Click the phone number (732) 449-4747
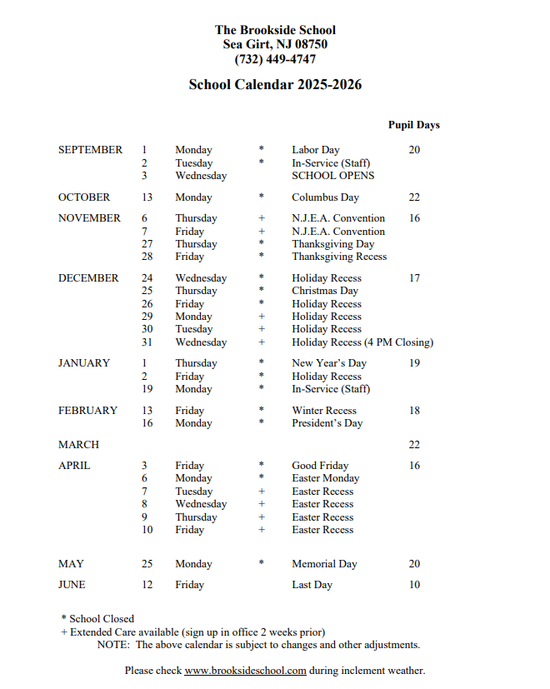[275, 59]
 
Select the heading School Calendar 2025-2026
[275, 85]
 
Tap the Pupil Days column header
[413, 125]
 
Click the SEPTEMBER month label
[90, 150]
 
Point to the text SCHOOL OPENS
[332, 176]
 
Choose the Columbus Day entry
[325, 197]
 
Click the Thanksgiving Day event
[332, 244]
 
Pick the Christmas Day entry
[324, 291]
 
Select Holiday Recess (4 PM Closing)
[362, 342]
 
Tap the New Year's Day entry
[328, 363]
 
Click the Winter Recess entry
[323, 411]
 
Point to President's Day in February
[327, 423]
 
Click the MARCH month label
[78, 445]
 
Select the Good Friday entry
[320, 466]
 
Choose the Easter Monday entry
[325, 478]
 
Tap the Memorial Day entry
[324, 564]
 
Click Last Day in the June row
[312, 585]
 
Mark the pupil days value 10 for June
[414, 585]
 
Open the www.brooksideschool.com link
[245, 671]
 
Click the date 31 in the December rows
[147, 342]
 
